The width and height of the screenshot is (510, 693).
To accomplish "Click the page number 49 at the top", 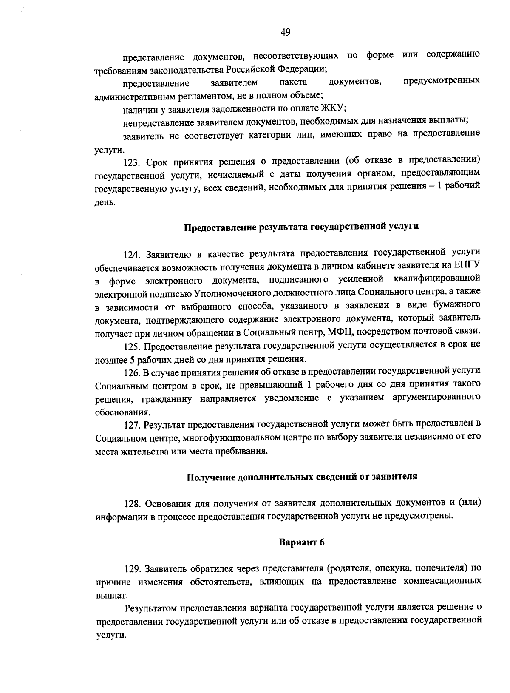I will point(285,32).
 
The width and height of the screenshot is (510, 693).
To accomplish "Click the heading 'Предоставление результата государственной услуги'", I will point(301,227).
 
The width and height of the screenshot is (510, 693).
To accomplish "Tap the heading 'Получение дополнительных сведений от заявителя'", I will point(302,477).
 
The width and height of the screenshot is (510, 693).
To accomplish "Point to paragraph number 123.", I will point(131,162).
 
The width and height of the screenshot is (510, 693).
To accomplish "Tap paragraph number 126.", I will point(132,372).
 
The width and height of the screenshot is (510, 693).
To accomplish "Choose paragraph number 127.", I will point(132,425).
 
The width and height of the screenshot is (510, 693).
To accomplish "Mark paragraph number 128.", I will point(132,504).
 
